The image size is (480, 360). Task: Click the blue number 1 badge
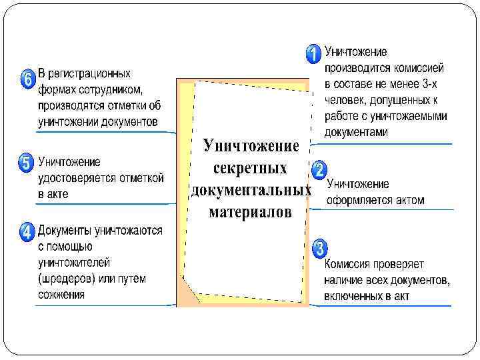(312, 53)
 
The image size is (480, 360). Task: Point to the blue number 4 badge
(27, 232)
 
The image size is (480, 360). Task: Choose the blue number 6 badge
(27, 79)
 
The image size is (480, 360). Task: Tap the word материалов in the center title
(251, 213)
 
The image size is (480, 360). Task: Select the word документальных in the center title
(251, 191)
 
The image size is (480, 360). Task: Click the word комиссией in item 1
(421, 68)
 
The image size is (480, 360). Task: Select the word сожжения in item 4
(61, 294)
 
